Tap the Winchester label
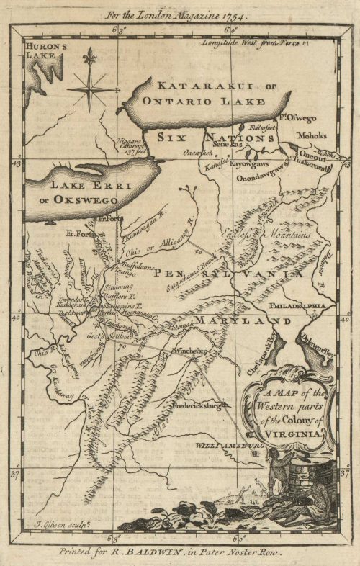[189, 351]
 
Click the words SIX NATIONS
[210, 137]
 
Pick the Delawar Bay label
[317, 338]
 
